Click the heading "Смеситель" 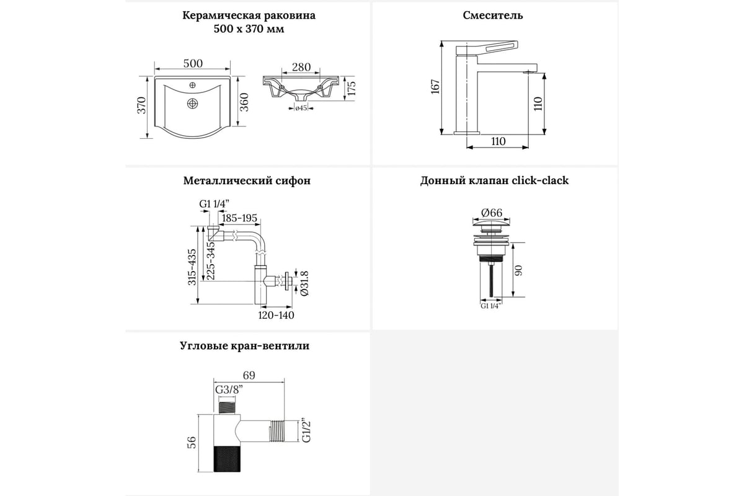pyautogui.click(x=493, y=15)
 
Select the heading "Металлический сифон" pyautogui.click(x=247, y=181)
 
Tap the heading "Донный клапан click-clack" pyautogui.click(x=494, y=181)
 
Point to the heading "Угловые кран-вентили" pyautogui.click(x=247, y=346)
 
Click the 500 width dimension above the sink pyautogui.click(x=193, y=64)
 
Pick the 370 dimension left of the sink pyautogui.click(x=141, y=105)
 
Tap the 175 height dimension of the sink pyautogui.click(x=351, y=88)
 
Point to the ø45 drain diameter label pyautogui.click(x=301, y=108)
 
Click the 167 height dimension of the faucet pyautogui.click(x=435, y=87)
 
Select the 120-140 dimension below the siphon pyautogui.click(x=276, y=315)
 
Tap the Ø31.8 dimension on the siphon pyautogui.click(x=304, y=284)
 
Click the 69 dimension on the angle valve pyautogui.click(x=249, y=376)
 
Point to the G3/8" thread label pyautogui.click(x=228, y=390)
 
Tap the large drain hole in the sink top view pyautogui.click(x=193, y=104)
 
